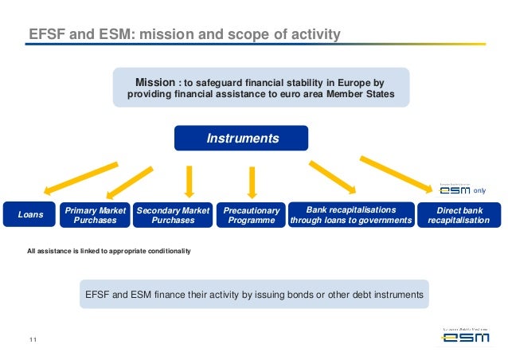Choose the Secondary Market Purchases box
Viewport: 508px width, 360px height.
coord(173,214)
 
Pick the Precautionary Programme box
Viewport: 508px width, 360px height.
coord(251,214)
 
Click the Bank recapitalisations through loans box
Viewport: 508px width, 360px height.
coord(350,214)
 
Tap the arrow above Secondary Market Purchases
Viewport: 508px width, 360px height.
coord(189,180)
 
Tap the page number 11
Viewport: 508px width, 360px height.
coord(33,342)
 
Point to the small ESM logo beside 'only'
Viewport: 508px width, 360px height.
coord(455,190)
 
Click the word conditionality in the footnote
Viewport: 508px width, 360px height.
coord(164,252)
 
